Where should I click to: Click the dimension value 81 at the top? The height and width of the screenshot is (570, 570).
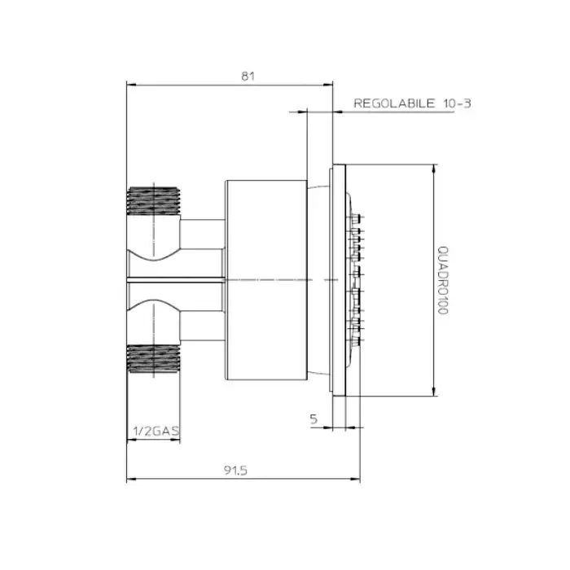(248, 77)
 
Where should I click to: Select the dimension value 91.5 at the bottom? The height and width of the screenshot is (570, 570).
(235, 471)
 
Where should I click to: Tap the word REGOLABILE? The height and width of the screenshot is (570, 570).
(394, 103)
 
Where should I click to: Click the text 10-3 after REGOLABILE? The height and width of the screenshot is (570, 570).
(458, 103)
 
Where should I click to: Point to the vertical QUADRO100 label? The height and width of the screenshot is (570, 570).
(443, 280)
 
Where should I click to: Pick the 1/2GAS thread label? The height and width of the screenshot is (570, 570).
(156, 431)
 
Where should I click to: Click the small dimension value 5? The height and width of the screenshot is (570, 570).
(313, 419)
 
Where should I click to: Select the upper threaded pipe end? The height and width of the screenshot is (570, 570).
(154, 201)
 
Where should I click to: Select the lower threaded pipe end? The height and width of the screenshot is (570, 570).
(154, 359)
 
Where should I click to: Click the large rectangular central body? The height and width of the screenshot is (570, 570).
(266, 280)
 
